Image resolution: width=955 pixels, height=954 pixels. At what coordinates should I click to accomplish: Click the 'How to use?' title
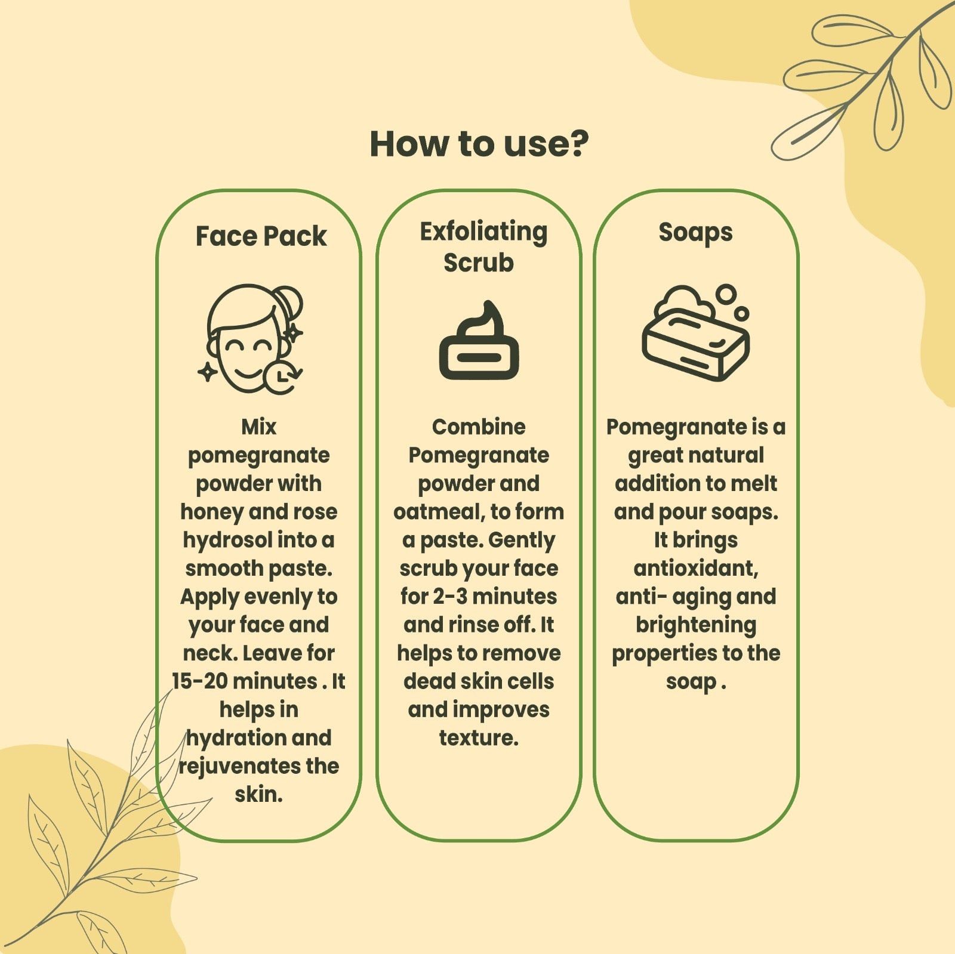[479, 144]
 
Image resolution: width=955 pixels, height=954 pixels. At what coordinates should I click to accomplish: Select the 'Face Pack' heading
[261, 236]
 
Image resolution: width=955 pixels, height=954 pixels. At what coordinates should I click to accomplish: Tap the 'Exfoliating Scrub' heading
[482, 246]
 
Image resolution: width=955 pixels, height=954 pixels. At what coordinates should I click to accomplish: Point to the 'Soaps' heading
[695, 233]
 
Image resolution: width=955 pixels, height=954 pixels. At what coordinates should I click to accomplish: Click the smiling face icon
[251, 339]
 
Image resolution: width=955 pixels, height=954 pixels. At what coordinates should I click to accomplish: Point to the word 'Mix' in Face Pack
[258, 427]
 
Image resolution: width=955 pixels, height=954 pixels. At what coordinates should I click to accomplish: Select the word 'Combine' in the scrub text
[479, 427]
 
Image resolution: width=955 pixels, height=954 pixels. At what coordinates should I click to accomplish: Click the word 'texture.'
[479, 738]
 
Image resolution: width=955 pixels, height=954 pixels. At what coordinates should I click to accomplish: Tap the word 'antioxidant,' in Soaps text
[696, 569]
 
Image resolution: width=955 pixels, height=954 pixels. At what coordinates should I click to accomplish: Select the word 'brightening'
[696, 626]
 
